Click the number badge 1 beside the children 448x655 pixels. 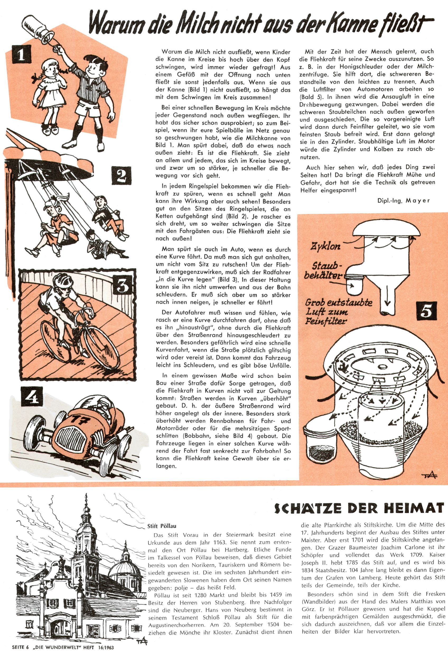(21, 55)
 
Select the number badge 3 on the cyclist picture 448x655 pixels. (122, 286)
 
